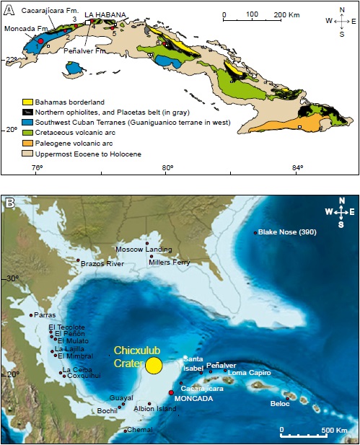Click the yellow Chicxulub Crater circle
(x=153, y=365)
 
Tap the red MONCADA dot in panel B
(x=171, y=392)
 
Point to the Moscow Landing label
(x=144, y=249)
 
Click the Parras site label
(x=44, y=314)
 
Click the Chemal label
(x=139, y=431)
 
